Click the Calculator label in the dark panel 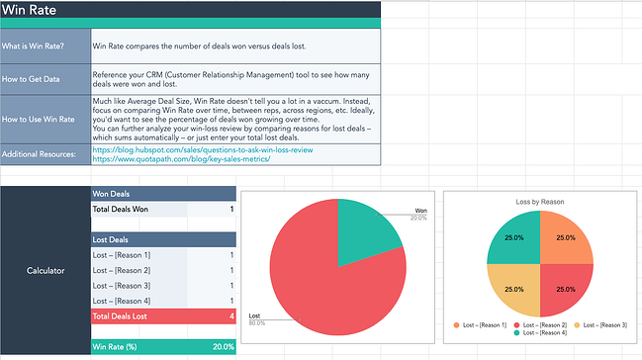[x=45, y=268]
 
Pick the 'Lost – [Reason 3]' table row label [x=122, y=286]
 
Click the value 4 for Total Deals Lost [x=231, y=315]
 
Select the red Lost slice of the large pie [x=317, y=282]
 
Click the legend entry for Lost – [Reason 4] [x=542, y=334]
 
